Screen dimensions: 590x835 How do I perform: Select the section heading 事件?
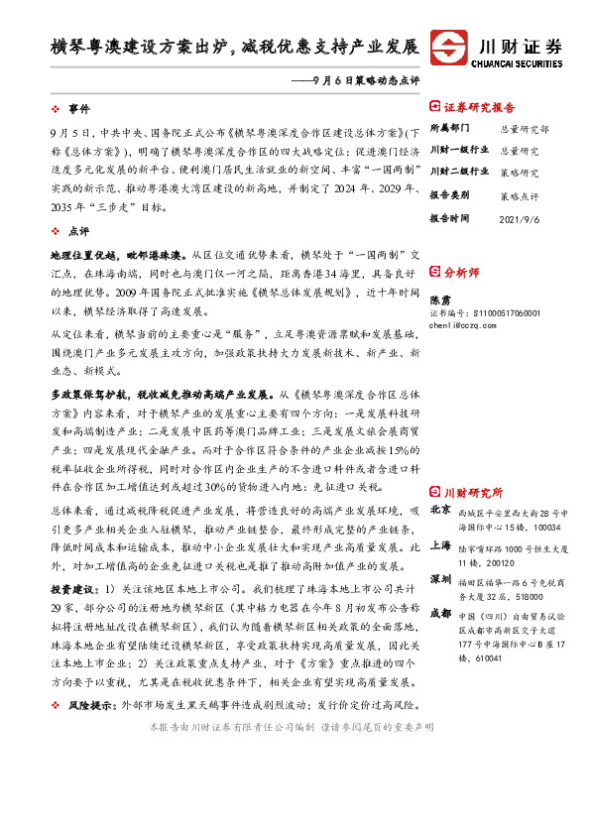click(x=77, y=107)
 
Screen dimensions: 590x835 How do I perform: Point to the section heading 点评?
click(x=77, y=230)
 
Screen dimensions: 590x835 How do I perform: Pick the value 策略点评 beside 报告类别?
click(x=519, y=196)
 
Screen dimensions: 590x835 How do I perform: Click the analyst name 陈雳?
click(x=440, y=298)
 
